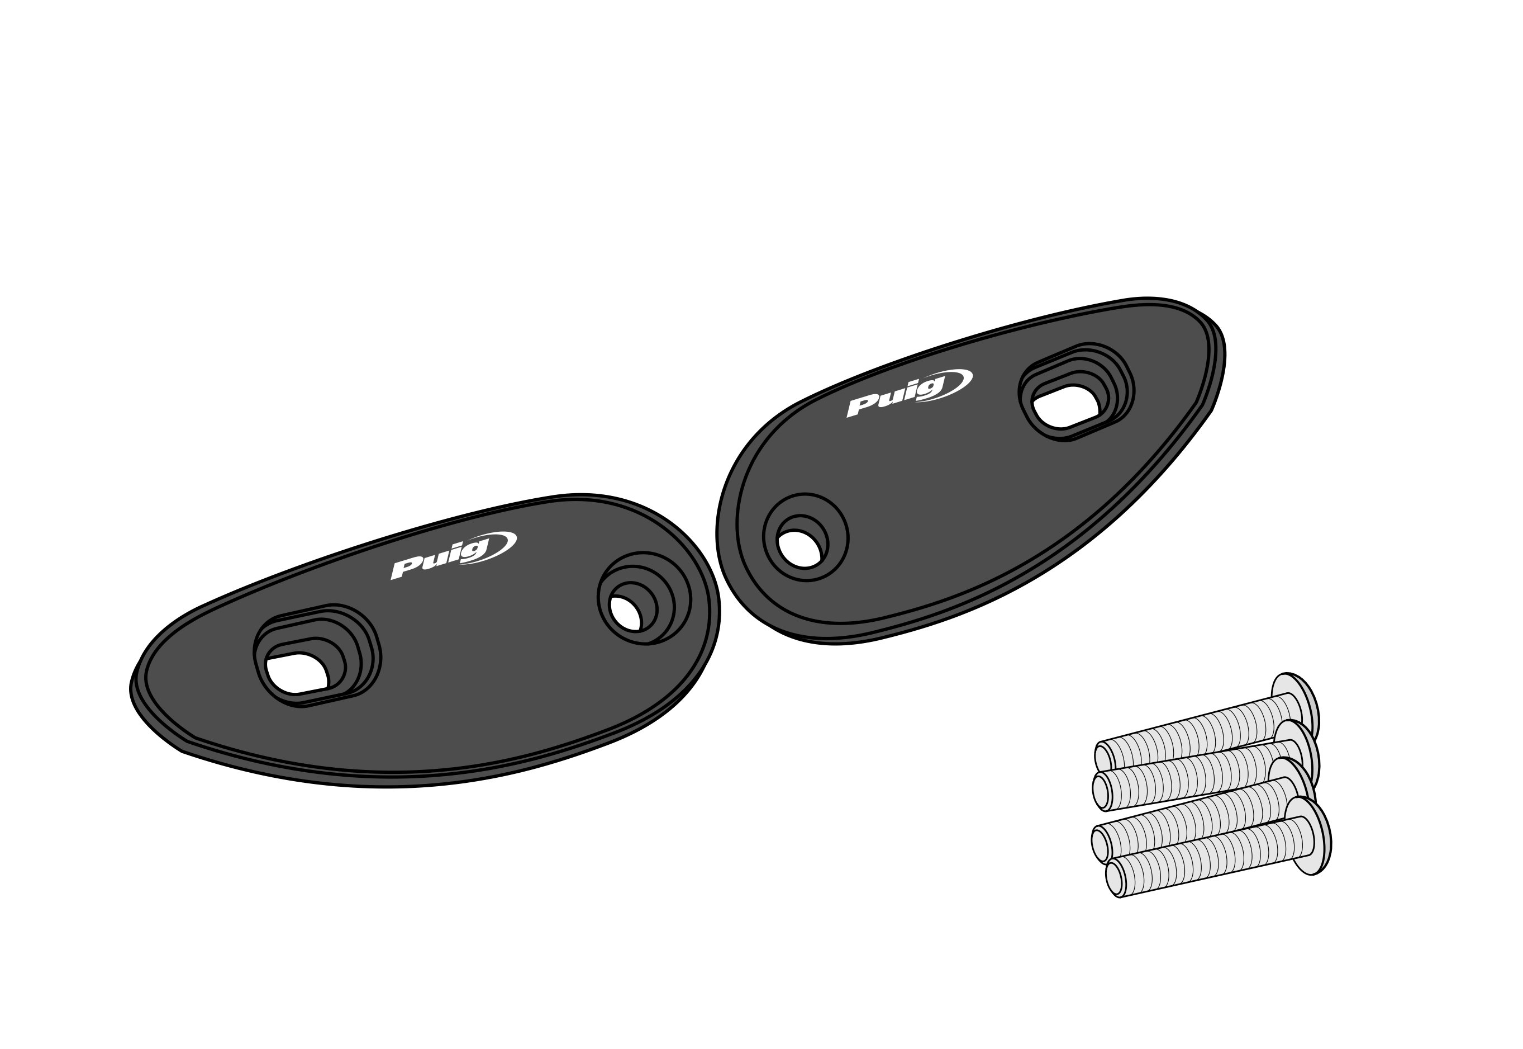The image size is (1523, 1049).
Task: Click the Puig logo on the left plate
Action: tap(454, 556)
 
